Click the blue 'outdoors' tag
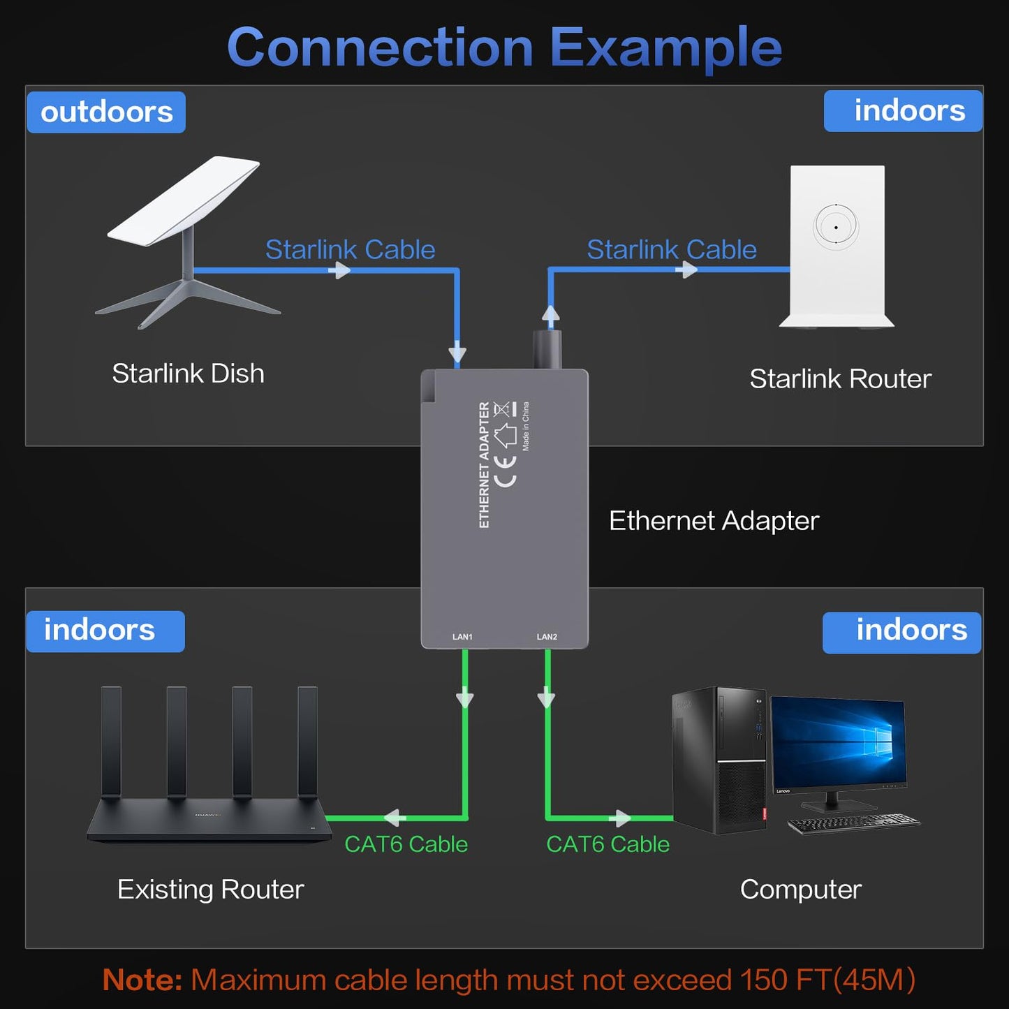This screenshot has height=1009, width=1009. pyautogui.click(x=106, y=112)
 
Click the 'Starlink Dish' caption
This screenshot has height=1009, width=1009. pyautogui.click(x=188, y=374)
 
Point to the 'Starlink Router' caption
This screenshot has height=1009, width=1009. pyautogui.click(x=840, y=379)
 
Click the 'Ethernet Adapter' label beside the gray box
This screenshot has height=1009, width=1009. pyautogui.click(x=714, y=521)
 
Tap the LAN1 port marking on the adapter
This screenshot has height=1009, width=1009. pyautogui.click(x=462, y=637)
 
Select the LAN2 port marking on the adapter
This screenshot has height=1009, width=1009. pyautogui.click(x=547, y=637)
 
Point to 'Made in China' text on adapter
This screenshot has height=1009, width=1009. pyautogui.click(x=526, y=426)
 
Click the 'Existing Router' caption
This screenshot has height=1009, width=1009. pyautogui.click(x=210, y=890)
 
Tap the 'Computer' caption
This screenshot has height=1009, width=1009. pyautogui.click(x=800, y=890)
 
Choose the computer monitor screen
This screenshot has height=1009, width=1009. pyautogui.click(x=838, y=742)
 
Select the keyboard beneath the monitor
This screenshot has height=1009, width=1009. pyautogui.click(x=853, y=823)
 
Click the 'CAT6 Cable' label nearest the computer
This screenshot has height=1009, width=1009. pyautogui.click(x=607, y=844)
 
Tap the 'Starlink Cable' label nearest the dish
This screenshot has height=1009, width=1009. pyautogui.click(x=350, y=249)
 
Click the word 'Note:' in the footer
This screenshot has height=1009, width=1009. pyautogui.click(x=142, y=980)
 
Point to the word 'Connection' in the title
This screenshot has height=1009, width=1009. pyautogui.click(x=380, y=47)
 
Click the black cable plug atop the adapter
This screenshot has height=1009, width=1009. pyautogui.click(x=547, y=349)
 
